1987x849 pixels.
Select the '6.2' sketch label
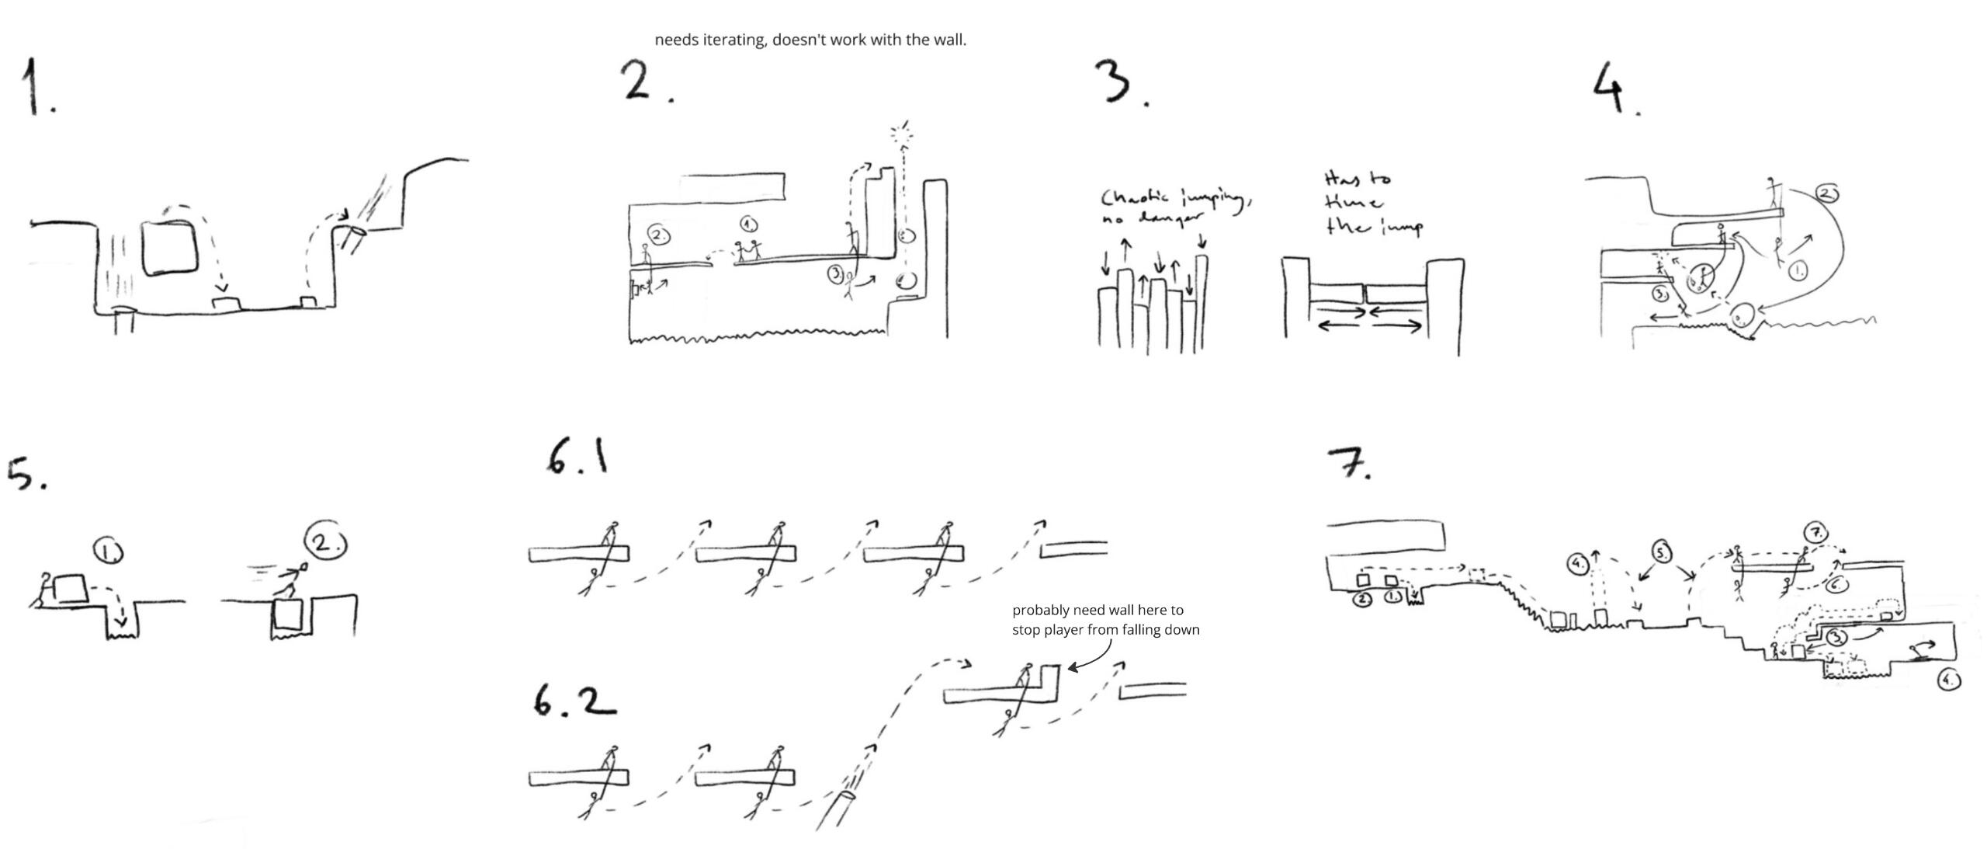pyautogui.click(x=574, y=701)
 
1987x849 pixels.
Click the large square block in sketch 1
pyautogui.click(x=169, y=247)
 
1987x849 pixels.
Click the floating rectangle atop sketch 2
pyautogui.click(x=733, y=186)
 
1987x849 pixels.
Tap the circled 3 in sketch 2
pyautogui.click(x=835, y=273)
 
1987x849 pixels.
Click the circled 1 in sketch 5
pyautogui.click(x=108, y=551)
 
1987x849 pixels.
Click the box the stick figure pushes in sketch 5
pyautogui.click(x=69, y=588)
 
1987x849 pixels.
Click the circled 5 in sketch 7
pyautogui.click(x=1660, y=553)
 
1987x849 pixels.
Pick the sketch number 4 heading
pyautogui.click(x=1612, y=88)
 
